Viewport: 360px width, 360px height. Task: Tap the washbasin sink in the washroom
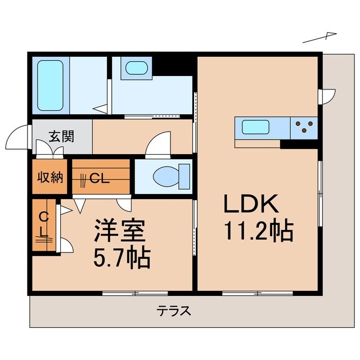136,69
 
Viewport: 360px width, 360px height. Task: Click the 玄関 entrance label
61,136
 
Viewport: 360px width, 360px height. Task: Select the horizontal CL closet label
99,179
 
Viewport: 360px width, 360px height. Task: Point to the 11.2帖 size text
259,231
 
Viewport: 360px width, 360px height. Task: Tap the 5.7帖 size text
121,259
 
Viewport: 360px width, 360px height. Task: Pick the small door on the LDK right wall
327,96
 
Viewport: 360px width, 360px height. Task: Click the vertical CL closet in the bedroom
44,225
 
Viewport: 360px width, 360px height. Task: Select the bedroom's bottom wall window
136,292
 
